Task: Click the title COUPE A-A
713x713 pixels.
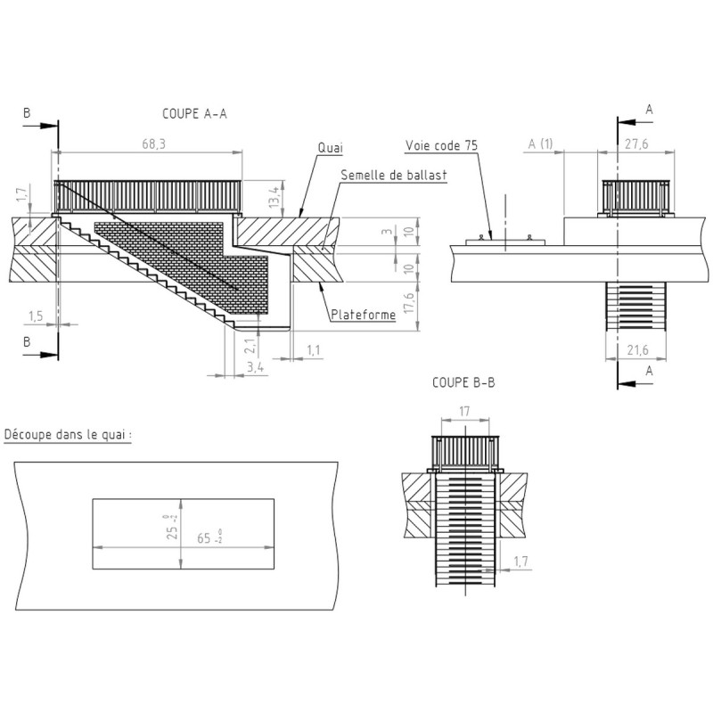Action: pyautogui.click(x=195, y=113)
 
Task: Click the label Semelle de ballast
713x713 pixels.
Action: pyautogui.click(x=393, y=176)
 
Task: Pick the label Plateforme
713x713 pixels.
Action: pyautogui.click(x=363, y=315)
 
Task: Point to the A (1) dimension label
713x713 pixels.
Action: pyautogui.click(x=540, y=143)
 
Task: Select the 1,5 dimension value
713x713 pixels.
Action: pyautogui.click(x=36, y=316)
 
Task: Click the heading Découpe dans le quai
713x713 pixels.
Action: pyautogui.click(x=69, y=435)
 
